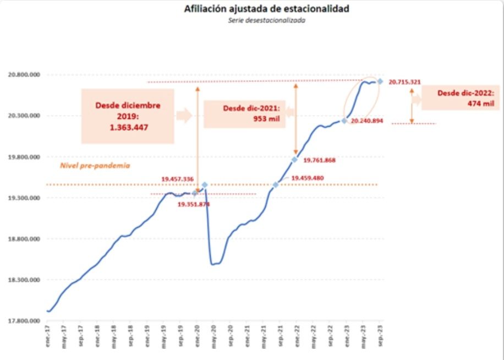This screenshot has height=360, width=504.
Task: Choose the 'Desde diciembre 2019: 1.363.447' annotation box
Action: coord(128,116)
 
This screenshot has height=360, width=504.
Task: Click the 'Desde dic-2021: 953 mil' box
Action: coord(244,113)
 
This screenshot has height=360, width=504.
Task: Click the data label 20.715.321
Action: coord(404,82)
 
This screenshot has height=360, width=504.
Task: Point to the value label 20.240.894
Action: coord(366,120)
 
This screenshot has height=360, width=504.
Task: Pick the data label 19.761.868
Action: coord(319,161)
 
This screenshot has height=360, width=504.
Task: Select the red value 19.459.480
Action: coord(308,178)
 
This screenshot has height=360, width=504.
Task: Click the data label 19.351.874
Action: coord(194,204)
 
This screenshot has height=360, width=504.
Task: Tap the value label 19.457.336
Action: coord(177,179)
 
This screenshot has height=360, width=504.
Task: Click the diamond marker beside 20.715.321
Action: coord(380,81)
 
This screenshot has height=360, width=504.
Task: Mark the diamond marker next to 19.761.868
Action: coord(295,160)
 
